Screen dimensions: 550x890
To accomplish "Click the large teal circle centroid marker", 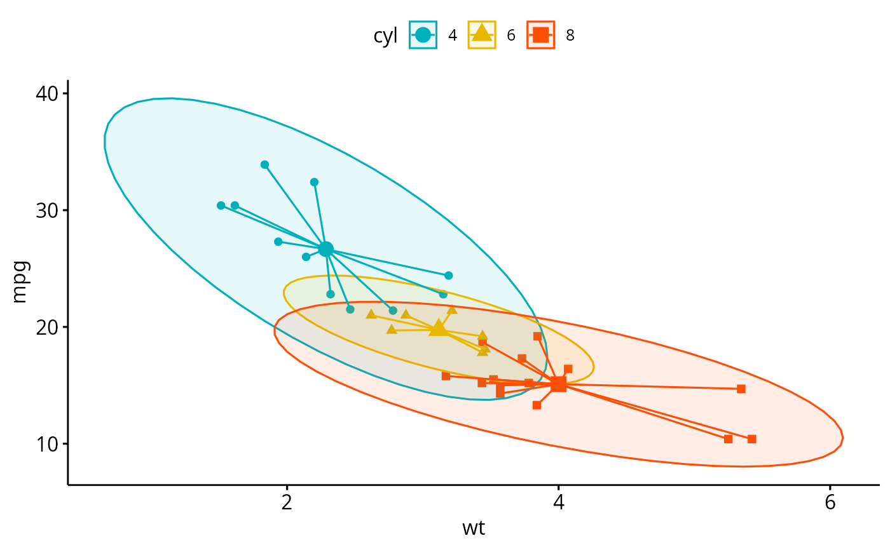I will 325,249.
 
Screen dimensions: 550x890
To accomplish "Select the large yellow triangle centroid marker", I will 437,328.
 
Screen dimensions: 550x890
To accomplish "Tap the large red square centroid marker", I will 558,384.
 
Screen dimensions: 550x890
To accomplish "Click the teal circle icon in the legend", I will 423,35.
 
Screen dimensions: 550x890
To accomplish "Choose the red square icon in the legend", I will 540,35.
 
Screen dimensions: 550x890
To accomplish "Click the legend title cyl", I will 385,36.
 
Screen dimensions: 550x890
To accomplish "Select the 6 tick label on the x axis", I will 830,501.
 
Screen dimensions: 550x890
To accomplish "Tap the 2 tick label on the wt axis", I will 287,501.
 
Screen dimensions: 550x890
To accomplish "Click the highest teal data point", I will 264,164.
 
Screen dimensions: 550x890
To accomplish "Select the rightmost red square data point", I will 751,439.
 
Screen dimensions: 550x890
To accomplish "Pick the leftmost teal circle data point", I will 221,205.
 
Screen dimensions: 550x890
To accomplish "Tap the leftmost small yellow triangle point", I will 371,314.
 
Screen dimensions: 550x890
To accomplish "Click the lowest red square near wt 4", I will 537,405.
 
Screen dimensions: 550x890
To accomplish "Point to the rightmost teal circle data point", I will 448,276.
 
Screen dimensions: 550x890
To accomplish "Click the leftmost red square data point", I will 446,376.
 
